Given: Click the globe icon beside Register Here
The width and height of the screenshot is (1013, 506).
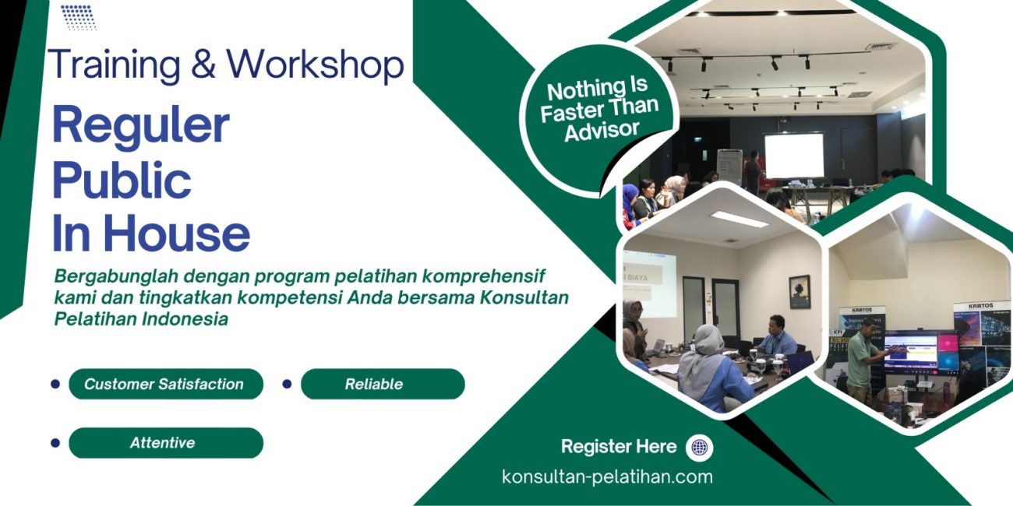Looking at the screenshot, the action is [x=699, y=448].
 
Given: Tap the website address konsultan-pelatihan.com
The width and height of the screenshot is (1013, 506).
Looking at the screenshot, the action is [x=607, y=476].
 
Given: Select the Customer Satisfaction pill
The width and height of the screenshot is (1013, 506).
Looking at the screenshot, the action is [x=165, y=384].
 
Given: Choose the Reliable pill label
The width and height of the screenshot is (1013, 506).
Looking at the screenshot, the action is [x=374, y=384].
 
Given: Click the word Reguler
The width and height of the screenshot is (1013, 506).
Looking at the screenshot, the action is [x=140, y=125].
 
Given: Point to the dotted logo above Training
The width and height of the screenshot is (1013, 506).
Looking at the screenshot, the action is [x=78, y=17].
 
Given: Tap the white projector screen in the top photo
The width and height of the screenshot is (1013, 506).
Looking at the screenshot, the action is [x=793, y=156].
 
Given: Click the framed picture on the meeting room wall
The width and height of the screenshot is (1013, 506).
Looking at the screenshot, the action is [x=799, y=291].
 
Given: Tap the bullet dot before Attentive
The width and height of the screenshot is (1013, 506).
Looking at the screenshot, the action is [x=55, y=443].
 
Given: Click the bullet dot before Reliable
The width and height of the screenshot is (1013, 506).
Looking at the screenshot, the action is [x=286, y=384].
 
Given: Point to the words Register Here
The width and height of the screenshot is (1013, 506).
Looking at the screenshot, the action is [x=619, y=447].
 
